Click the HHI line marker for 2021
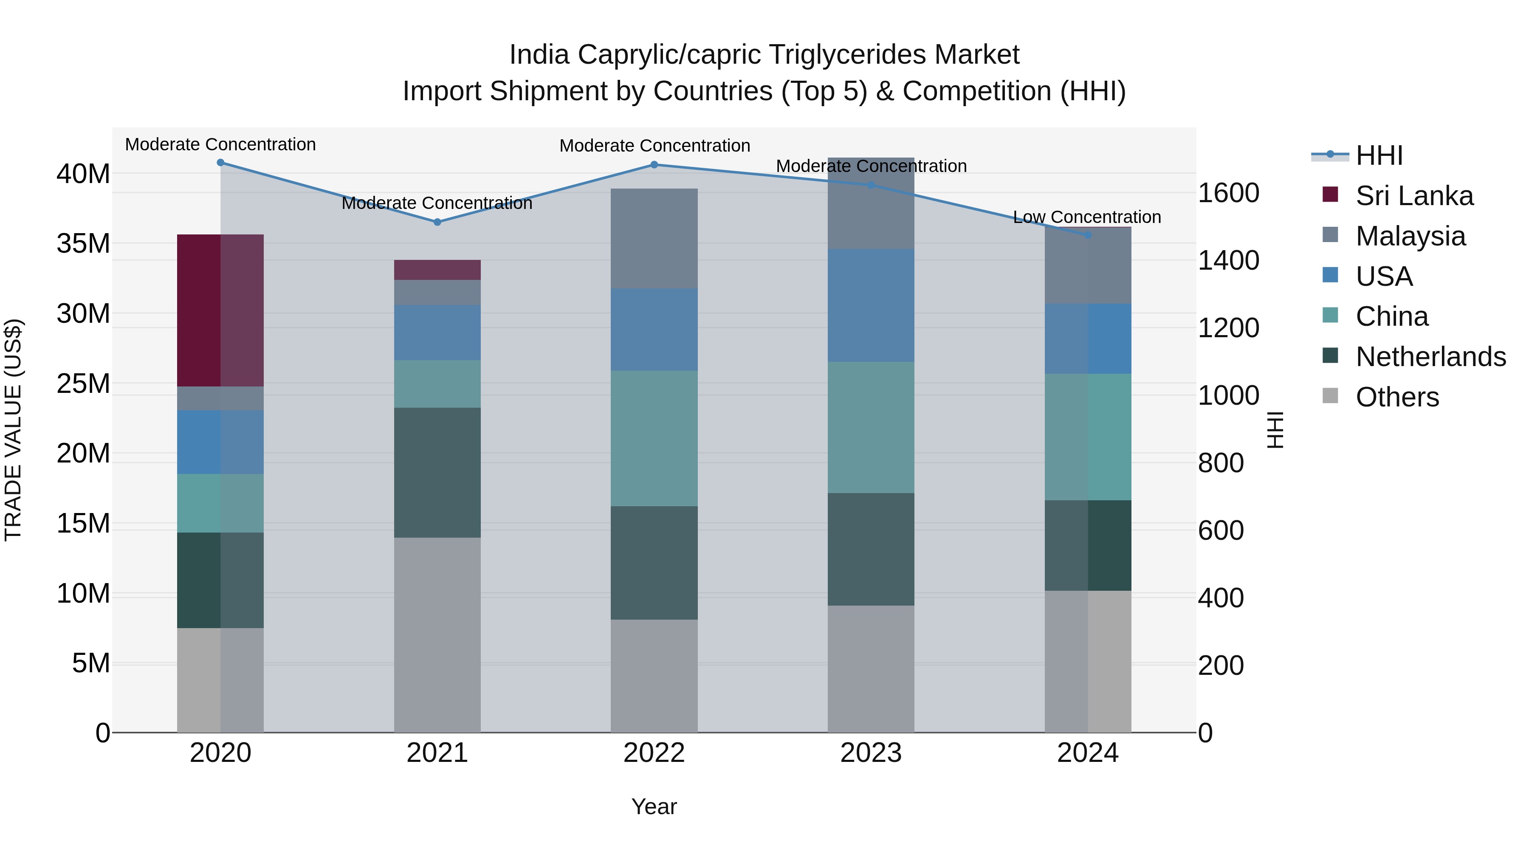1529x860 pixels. (437, 222)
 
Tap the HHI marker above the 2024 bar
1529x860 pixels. (1087, 235)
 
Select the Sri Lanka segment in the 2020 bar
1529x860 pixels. (220, 310)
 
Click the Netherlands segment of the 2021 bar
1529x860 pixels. (437, 472)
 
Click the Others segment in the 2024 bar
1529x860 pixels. (1087, 661)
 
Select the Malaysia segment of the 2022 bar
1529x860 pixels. (654, 239)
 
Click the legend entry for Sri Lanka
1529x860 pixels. (1414, 196)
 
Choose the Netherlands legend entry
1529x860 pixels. (1430, 357)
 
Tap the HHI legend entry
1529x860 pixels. (1379, 155)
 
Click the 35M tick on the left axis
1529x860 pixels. (83, 244)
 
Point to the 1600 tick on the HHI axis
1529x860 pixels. (1228, 193)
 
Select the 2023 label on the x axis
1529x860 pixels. (871, 753)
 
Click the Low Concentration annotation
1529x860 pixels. (1087, 217)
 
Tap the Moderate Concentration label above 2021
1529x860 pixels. (437, 203)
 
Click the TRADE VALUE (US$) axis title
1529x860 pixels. (13, 430)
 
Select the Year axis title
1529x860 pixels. (654, 806)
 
